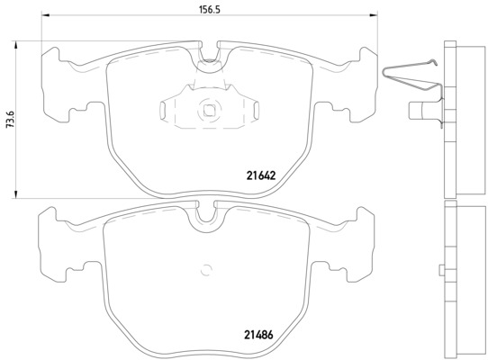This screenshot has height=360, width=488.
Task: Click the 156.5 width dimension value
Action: [x=210, y=9]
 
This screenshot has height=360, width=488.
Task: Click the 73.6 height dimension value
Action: [x=10, y=120]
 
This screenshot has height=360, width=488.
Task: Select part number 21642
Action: [x=261, y=175]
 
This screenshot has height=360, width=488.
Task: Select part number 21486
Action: [x=258, y=335]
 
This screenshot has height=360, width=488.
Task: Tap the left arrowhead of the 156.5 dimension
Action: [x=45, y=14]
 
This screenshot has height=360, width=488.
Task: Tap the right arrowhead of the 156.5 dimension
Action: [x=373, y=14]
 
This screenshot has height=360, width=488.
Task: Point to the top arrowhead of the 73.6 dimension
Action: [x=14, y=45]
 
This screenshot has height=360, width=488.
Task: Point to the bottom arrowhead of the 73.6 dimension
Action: [x=14, y=193]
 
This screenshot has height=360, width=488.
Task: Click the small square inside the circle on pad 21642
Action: [x=208, y=110]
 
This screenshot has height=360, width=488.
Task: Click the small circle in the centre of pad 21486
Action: [x=206, y=270]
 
